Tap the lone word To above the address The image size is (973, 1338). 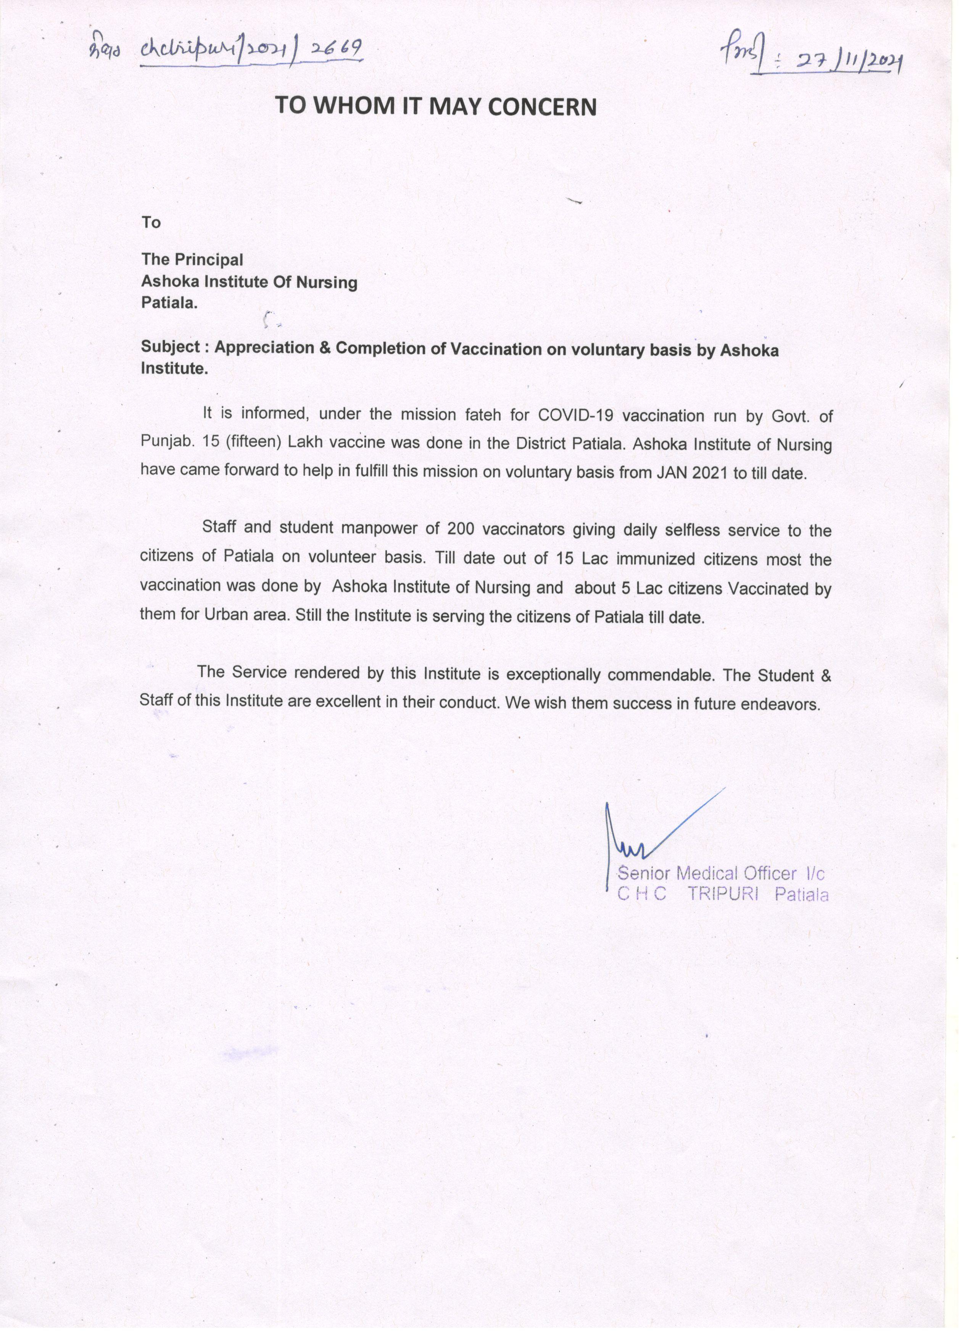click(x=151, y=222)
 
